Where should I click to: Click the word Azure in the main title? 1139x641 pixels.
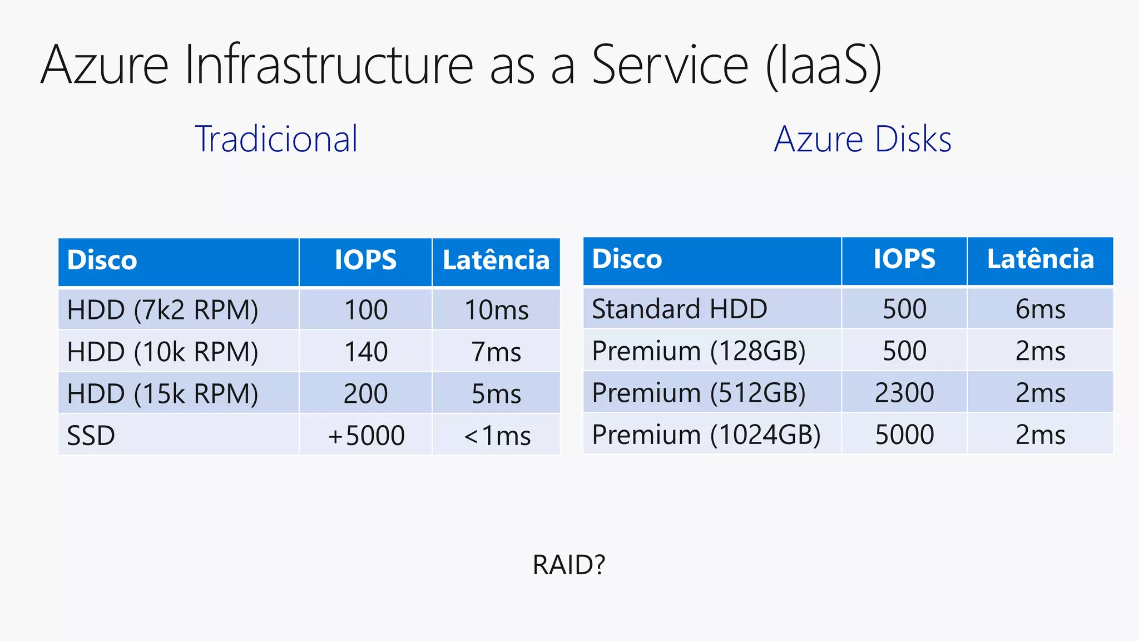[105, 65]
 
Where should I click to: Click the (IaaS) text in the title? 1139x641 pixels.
[823, 65]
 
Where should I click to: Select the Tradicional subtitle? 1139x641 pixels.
[276, 139]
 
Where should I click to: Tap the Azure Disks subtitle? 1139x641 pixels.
[863, 139]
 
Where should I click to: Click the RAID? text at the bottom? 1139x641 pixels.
[568, 565]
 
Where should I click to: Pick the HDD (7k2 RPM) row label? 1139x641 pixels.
[162, 310]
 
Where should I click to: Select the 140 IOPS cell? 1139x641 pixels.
[365, 352]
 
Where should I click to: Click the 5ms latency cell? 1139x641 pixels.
[496, 394]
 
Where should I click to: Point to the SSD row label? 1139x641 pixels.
[91, 435]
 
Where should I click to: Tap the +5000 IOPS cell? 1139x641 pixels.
[365, 435]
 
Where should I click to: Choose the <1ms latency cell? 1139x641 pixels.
[496, 435]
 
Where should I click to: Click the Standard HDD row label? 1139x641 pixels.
[679, 309]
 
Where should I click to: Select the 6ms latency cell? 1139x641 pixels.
[1040, 309]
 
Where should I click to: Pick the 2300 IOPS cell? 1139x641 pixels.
[904, 393]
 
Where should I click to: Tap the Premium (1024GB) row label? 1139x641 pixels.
[706, 435]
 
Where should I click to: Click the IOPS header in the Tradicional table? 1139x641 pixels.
[365, 260]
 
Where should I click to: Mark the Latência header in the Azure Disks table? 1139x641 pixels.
[1040, 259]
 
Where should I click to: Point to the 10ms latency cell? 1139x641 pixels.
[496, 310]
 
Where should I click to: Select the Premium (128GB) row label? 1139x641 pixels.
[699, 351]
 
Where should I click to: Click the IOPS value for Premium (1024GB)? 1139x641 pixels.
[904, 435]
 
